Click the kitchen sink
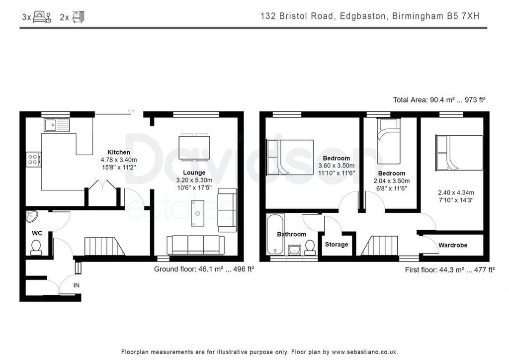coord(57,125)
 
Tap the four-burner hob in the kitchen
coord(34,160)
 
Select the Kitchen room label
coord(119,152)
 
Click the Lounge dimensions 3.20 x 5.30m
coord(194,180)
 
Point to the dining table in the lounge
coord(195,147)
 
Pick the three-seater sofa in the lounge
coord(195,245)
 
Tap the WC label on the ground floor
coord(37,233)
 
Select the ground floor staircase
coord(104,247)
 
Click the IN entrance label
coord(76,285)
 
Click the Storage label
coord(337,245)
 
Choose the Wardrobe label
coord(452,245)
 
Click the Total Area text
coord(439,100)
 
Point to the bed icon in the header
coord(42,17)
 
